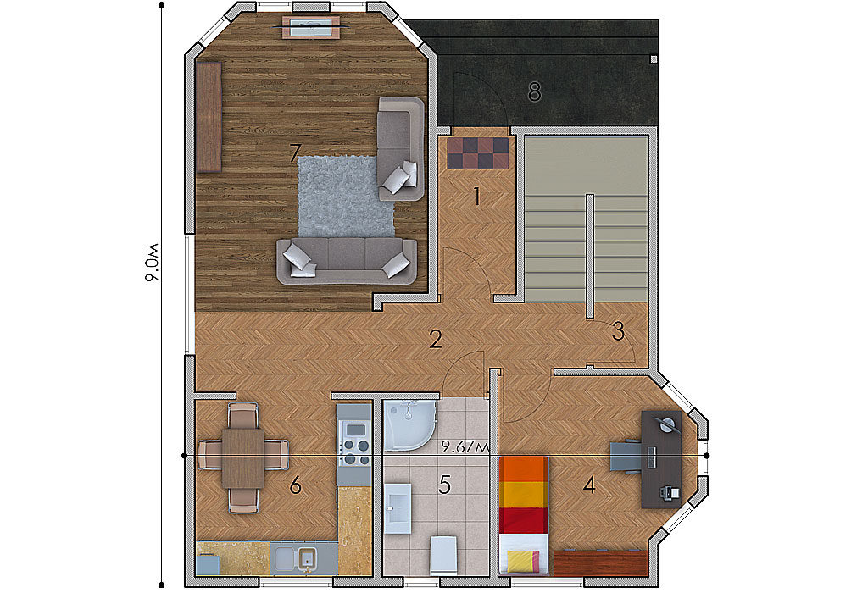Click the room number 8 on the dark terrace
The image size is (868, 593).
click(534, 91)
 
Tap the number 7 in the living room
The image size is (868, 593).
click(295, 152)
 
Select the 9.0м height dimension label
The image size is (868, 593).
click(153, 263)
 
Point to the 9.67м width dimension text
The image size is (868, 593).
click(465, 447)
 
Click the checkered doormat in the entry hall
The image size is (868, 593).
click(478, 152)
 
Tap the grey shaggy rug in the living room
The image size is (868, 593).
click(347, 197)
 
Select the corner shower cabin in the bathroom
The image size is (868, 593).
click(410, 424)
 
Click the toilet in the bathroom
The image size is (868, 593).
click(444, 554)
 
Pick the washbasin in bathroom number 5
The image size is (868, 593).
click(398, 508)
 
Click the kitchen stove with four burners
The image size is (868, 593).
click(355, 443)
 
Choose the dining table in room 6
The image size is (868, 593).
click(243, 458)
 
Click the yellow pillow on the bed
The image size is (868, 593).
click(523, 561)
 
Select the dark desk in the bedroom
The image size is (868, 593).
click(661, 459)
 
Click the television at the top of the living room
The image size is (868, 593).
click(311, 26)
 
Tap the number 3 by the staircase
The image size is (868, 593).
click(618, 330)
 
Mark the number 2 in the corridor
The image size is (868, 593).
click(436, 339)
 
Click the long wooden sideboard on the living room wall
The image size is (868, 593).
click(209, 117)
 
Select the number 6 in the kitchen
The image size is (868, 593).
click(295, 485)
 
